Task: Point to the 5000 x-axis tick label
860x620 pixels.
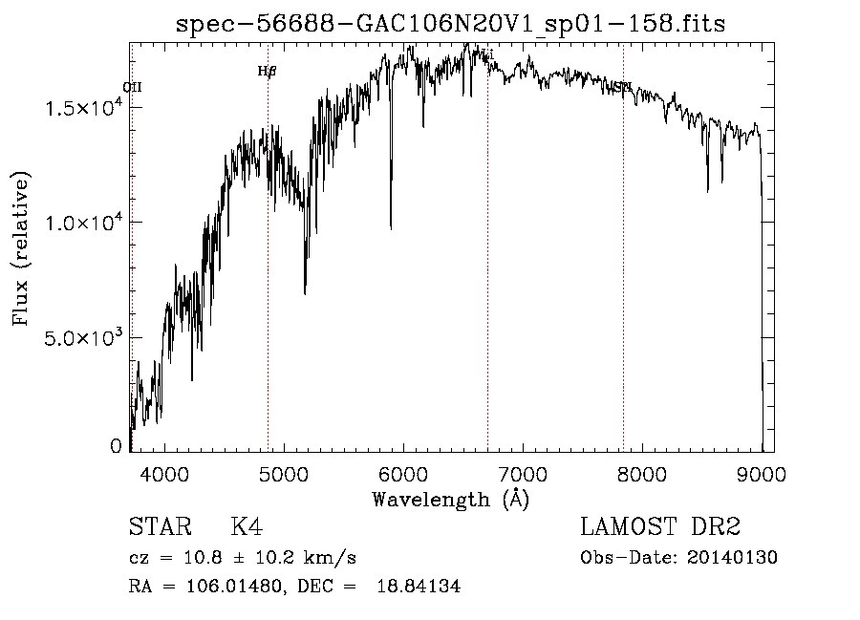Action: tap(284, 473)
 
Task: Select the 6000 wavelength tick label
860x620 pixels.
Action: tap(403, 473)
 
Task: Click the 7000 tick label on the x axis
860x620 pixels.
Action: tap(523, 473)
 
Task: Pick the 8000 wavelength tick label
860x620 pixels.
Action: tap(642, 473)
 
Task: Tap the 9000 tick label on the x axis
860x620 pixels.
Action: tap(762, 473)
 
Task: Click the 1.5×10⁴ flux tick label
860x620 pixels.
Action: tap(84, 108)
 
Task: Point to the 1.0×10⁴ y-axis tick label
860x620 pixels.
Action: tap(84, 223)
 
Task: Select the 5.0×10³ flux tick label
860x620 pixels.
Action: tap(84, 337)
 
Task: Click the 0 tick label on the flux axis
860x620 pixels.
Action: tap(117, 445)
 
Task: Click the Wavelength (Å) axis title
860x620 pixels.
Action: tap(450, 499)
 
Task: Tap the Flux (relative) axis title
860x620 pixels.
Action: tap(21, 248)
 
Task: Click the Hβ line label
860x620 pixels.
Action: tap(267, 71)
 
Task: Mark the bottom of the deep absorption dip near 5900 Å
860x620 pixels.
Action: tap(391, 227)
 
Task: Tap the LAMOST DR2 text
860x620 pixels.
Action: tap(660, 527)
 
